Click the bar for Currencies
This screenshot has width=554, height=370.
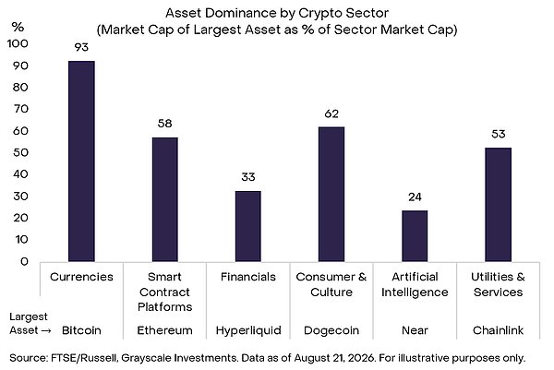pyautogui.click(x=81, y=161)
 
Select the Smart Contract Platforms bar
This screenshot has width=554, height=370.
pyautogui.click(x=165, y=199)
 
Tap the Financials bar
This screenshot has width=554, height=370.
pyautogui.click(x=248, y=226)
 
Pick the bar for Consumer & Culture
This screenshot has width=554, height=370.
pyautogui.click(x=331, y=194)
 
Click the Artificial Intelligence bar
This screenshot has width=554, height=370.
pyautogui.click(x=415, y=236)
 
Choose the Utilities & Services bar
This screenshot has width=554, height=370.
pyautogui.click(x=499, y=205)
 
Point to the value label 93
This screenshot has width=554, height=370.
pyautogui.click(x=81, y=47)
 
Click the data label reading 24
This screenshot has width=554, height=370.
pyautogui.click(x=415, y=197)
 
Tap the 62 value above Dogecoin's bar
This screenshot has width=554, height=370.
pyautogui.click(x=331, y=113)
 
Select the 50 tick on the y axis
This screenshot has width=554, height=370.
pyautogui.click(x=20, y=152)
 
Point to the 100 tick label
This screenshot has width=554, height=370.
pyautogui.click(x=18, y=43)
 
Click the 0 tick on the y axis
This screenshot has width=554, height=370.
pyautogui.click(x=24, y=261)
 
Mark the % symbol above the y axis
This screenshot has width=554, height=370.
pyautogui.click(x=18, y=27)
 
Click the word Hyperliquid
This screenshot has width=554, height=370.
pyautogui.click(x=248, y=330)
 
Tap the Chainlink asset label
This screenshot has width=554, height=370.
pyautogui.click(x=499, y=330)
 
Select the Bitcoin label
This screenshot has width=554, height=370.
pyautogui.click(x=81, y=330)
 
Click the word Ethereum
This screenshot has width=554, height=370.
pyautogui.click(x=164, y=330)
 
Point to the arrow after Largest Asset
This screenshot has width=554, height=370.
pyautogui.click(x=46, y=331)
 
